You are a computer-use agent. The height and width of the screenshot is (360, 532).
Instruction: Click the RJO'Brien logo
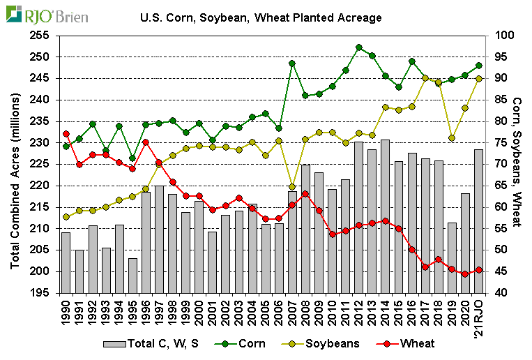46,13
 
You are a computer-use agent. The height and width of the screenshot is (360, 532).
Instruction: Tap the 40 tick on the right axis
500,293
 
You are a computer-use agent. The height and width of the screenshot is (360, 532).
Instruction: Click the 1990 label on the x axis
66,313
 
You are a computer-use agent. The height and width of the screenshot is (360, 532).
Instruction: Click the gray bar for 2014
385,216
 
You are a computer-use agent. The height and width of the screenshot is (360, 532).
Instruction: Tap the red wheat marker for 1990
66,133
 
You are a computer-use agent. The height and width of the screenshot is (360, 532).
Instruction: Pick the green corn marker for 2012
358,47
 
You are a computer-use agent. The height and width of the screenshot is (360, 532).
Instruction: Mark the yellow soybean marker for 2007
292,187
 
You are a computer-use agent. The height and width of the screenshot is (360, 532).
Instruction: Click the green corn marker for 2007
292,63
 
